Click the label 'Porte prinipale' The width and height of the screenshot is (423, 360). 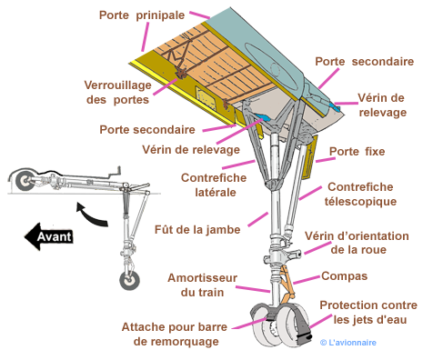[x=142, y=15]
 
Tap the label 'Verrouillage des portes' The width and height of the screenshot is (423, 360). [x=118, y=93]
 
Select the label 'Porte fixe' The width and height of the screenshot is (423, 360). [x=358, y=151]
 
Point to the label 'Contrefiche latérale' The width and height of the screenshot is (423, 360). [x=214, y=185]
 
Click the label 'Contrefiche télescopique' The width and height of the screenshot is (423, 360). [x=360, y=194]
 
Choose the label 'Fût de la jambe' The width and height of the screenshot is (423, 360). [x=197, y=229]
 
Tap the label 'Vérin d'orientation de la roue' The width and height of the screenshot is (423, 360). [x=357, y=243]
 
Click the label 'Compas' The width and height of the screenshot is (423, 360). [x=345, y=276]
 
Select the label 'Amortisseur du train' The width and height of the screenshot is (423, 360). [x=202, y=285]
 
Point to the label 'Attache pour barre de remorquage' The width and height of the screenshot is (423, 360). [x=175, y=334]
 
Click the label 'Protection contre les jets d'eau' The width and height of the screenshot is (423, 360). [x=368, y=312]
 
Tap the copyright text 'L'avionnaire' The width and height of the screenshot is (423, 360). [x=348, y=343]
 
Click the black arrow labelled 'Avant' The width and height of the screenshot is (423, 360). [x=48, y=236]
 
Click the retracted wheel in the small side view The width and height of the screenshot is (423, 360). [x=25, y=180]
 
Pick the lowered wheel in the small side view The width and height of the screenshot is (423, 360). [x=130, y=281]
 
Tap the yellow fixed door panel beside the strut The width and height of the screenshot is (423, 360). [x=310, y=157]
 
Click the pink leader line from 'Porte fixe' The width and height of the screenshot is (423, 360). [x=325, y=160]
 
